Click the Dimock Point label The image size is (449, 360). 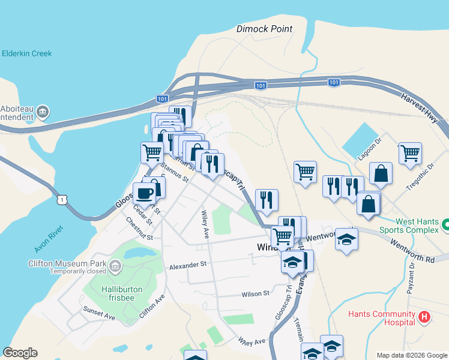click(x=264, y=29)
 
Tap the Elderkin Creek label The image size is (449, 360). click(x=26, y=53)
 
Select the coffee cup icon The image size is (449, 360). click(x=144, y=194)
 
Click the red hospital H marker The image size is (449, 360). click(x=424, y=317)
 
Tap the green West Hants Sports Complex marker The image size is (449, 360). click(x=445, y=225)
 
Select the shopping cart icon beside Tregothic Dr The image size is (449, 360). click(x=410, y=154)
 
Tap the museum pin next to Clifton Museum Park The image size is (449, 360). click(x=115, y=264)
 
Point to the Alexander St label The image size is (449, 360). click(x=187, y=265)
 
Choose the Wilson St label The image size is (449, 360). click(x=256, y=294)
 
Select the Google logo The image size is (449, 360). click(x=20, y=353)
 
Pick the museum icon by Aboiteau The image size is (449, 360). click(x=43, y=112)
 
